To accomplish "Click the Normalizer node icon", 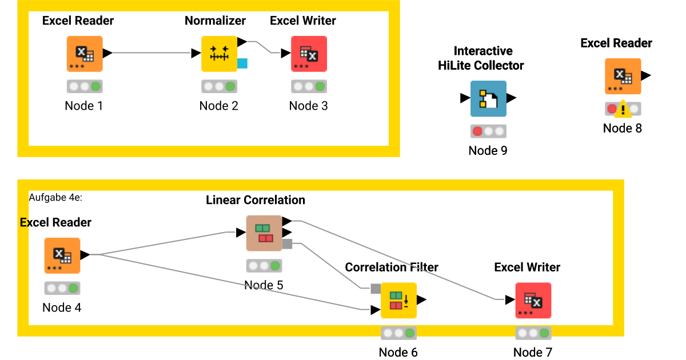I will point(219,54).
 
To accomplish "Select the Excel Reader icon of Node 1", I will point(85,54).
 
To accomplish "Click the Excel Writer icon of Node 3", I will point(309,54).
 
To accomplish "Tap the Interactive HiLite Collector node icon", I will point(488,98).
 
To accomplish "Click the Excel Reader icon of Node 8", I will point(623,76).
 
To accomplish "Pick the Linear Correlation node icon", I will point(264,233).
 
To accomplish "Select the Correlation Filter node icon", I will point(398,301).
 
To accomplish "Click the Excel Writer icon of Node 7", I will point(533,301).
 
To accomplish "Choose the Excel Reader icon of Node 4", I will point(62,255).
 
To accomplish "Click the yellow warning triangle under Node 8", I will point(624,109).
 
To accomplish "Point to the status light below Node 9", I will point(488,131).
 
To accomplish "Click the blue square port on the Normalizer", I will point(242,63).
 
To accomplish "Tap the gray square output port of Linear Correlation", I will point(288,244).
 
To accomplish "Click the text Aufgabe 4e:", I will point(56,197).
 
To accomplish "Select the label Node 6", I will point(398,352).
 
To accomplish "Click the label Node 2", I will point(219,106).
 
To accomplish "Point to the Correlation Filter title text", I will point(392,267).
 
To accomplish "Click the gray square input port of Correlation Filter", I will point(376,289).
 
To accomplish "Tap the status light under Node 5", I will point(264,266).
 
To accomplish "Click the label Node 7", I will point(533,352).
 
